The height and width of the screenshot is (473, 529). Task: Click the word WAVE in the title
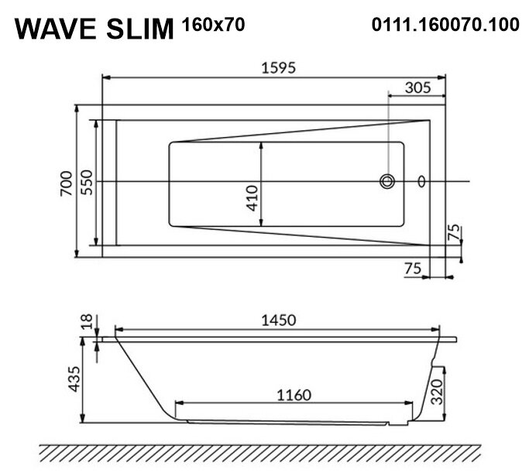coord(56,29)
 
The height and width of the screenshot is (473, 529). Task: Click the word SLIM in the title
coord(140,29)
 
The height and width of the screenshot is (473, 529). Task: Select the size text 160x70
coord(213,25)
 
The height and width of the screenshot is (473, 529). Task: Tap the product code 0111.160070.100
coord(445,25)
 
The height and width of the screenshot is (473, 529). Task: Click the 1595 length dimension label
coord(279,68)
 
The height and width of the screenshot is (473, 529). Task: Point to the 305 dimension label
coord(418,87)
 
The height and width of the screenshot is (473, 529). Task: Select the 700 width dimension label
coord(67,183)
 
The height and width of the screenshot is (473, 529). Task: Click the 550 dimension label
coord(87,183)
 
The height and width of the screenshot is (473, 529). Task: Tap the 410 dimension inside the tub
coord(252,198)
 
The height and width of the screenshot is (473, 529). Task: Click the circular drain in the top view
coord(387,181)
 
